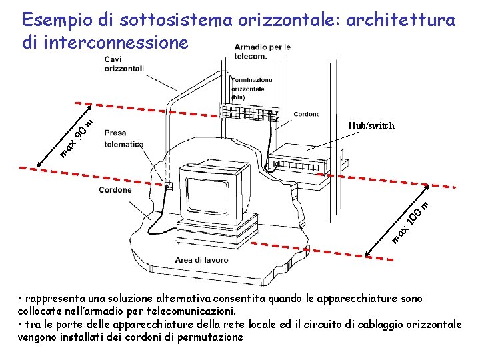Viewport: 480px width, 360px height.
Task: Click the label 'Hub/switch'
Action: [371, 125]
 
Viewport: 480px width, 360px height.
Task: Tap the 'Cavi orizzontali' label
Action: [123, 64]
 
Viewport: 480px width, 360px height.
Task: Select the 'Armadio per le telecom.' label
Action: [262, 51]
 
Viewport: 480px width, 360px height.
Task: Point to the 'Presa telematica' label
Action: [124, 139]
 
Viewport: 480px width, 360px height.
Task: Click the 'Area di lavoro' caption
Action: [201, 259]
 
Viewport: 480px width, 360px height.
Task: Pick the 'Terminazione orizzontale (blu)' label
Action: [252, 89]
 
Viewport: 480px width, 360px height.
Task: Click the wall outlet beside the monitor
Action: [169, 187]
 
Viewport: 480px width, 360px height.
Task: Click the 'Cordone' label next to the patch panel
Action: [307, 114]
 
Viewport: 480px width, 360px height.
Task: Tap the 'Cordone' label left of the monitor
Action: [115, 190]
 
